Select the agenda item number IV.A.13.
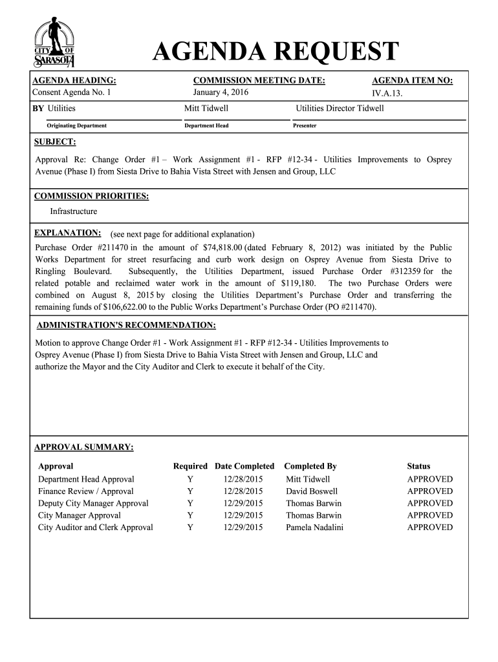click(x=392, y=93)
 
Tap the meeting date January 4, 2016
click(x=221, y=92)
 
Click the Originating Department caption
click(x=76, y=125)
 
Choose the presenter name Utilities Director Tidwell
click(x=340, y=108)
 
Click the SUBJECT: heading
click(x=55, y=142)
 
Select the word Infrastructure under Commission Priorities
click(x=74, y=211)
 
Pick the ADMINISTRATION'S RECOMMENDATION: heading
click(x=126, y=325)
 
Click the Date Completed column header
click(x=244, y=466)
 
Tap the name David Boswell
click(x=312, y=491)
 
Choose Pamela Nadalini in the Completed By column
click(x=314, y=528)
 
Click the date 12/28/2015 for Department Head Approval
click(x=243, y=479)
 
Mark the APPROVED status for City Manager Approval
click(x=429, y=515)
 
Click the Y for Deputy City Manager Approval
click(x=190, y=503)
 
